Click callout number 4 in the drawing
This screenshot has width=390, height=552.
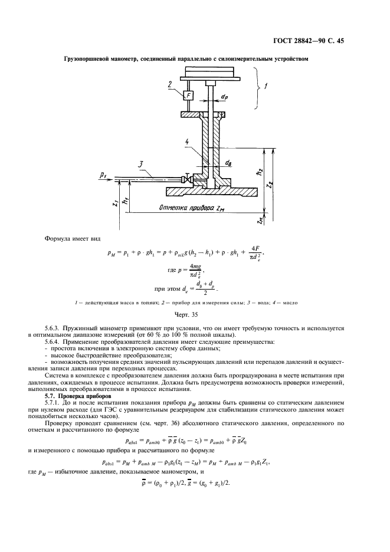pyautogui.click(x=187, y=142)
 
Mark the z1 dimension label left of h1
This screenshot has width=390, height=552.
pyautogui.click(x=113, y=202)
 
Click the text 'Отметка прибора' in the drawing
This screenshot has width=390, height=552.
pyautogui.click(x=185, y=208)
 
